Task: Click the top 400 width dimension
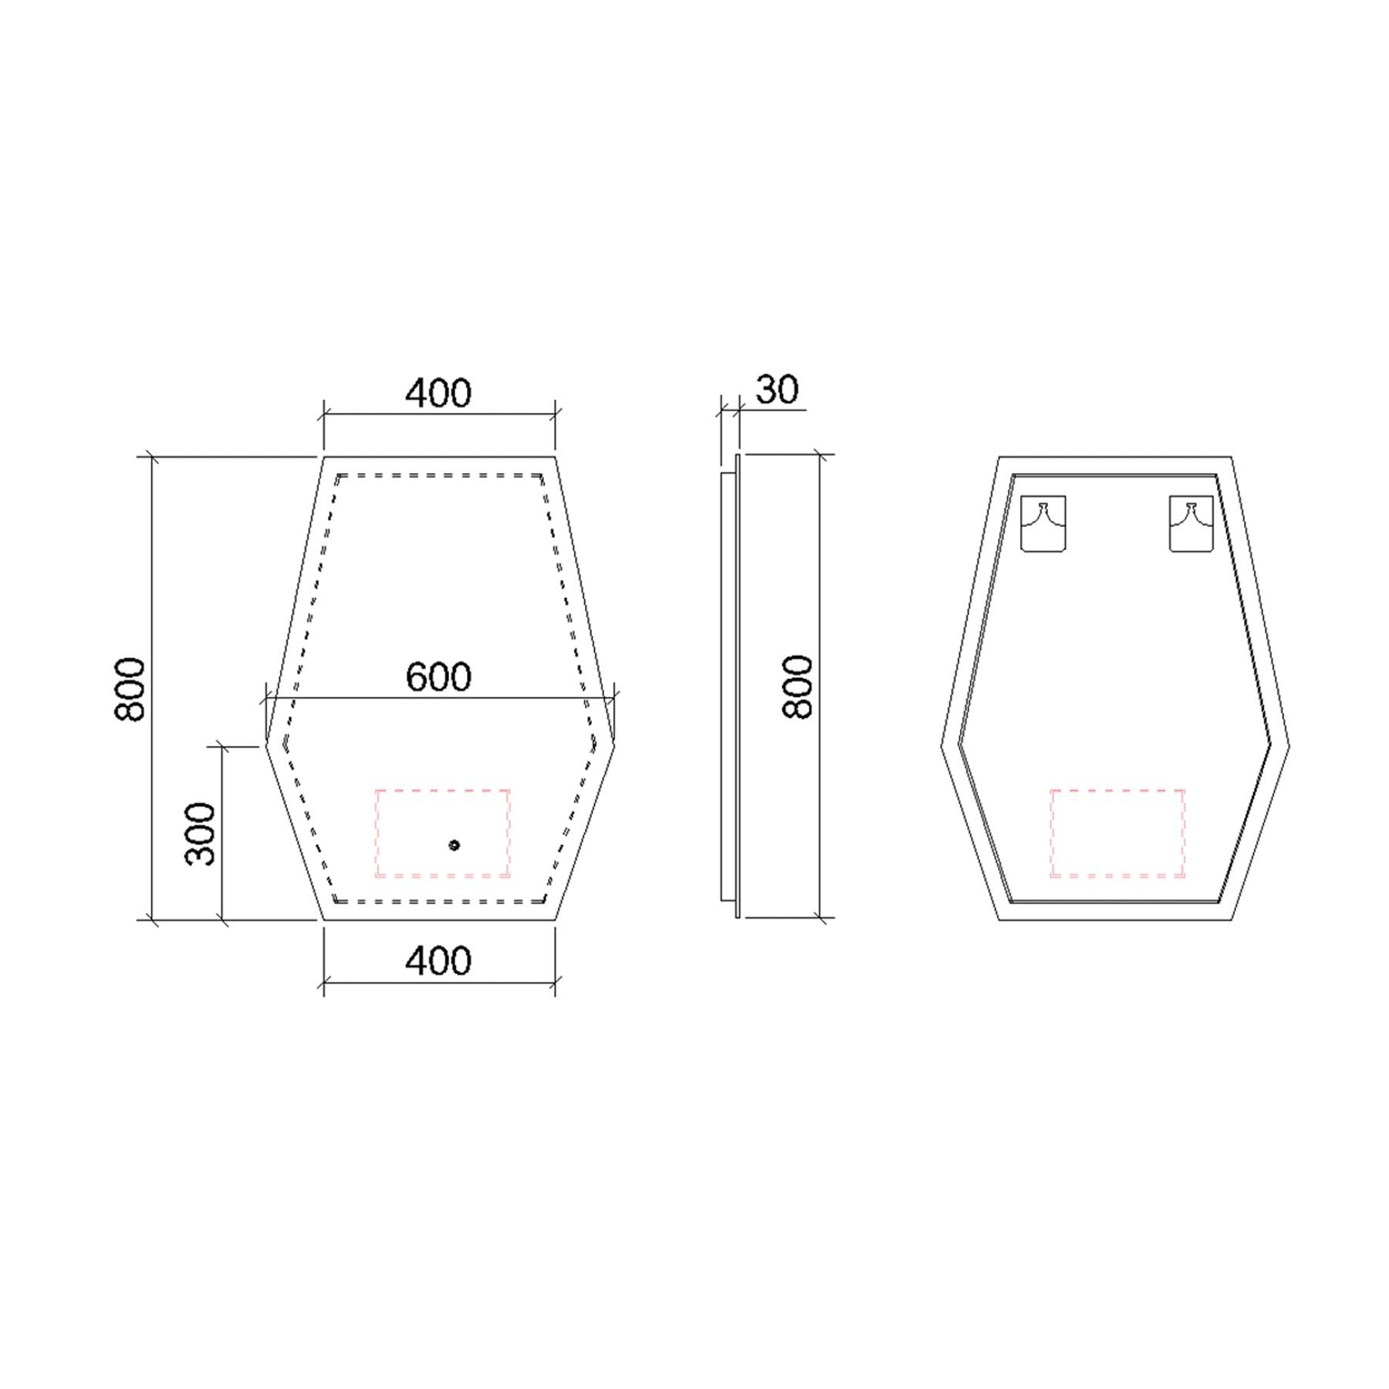tap(438, 393)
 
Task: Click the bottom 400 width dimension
tap(438, 961)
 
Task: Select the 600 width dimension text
tap(438, 677)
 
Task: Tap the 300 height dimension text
tap(201, 833)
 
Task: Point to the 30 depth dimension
tap(777, 390)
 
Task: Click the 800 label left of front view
tap(130, 689)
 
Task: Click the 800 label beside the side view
tap(797, 687)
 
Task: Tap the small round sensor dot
tap(454, 845)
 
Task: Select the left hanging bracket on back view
tap(1043, 524)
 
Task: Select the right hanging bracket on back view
tap(1191, 524)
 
